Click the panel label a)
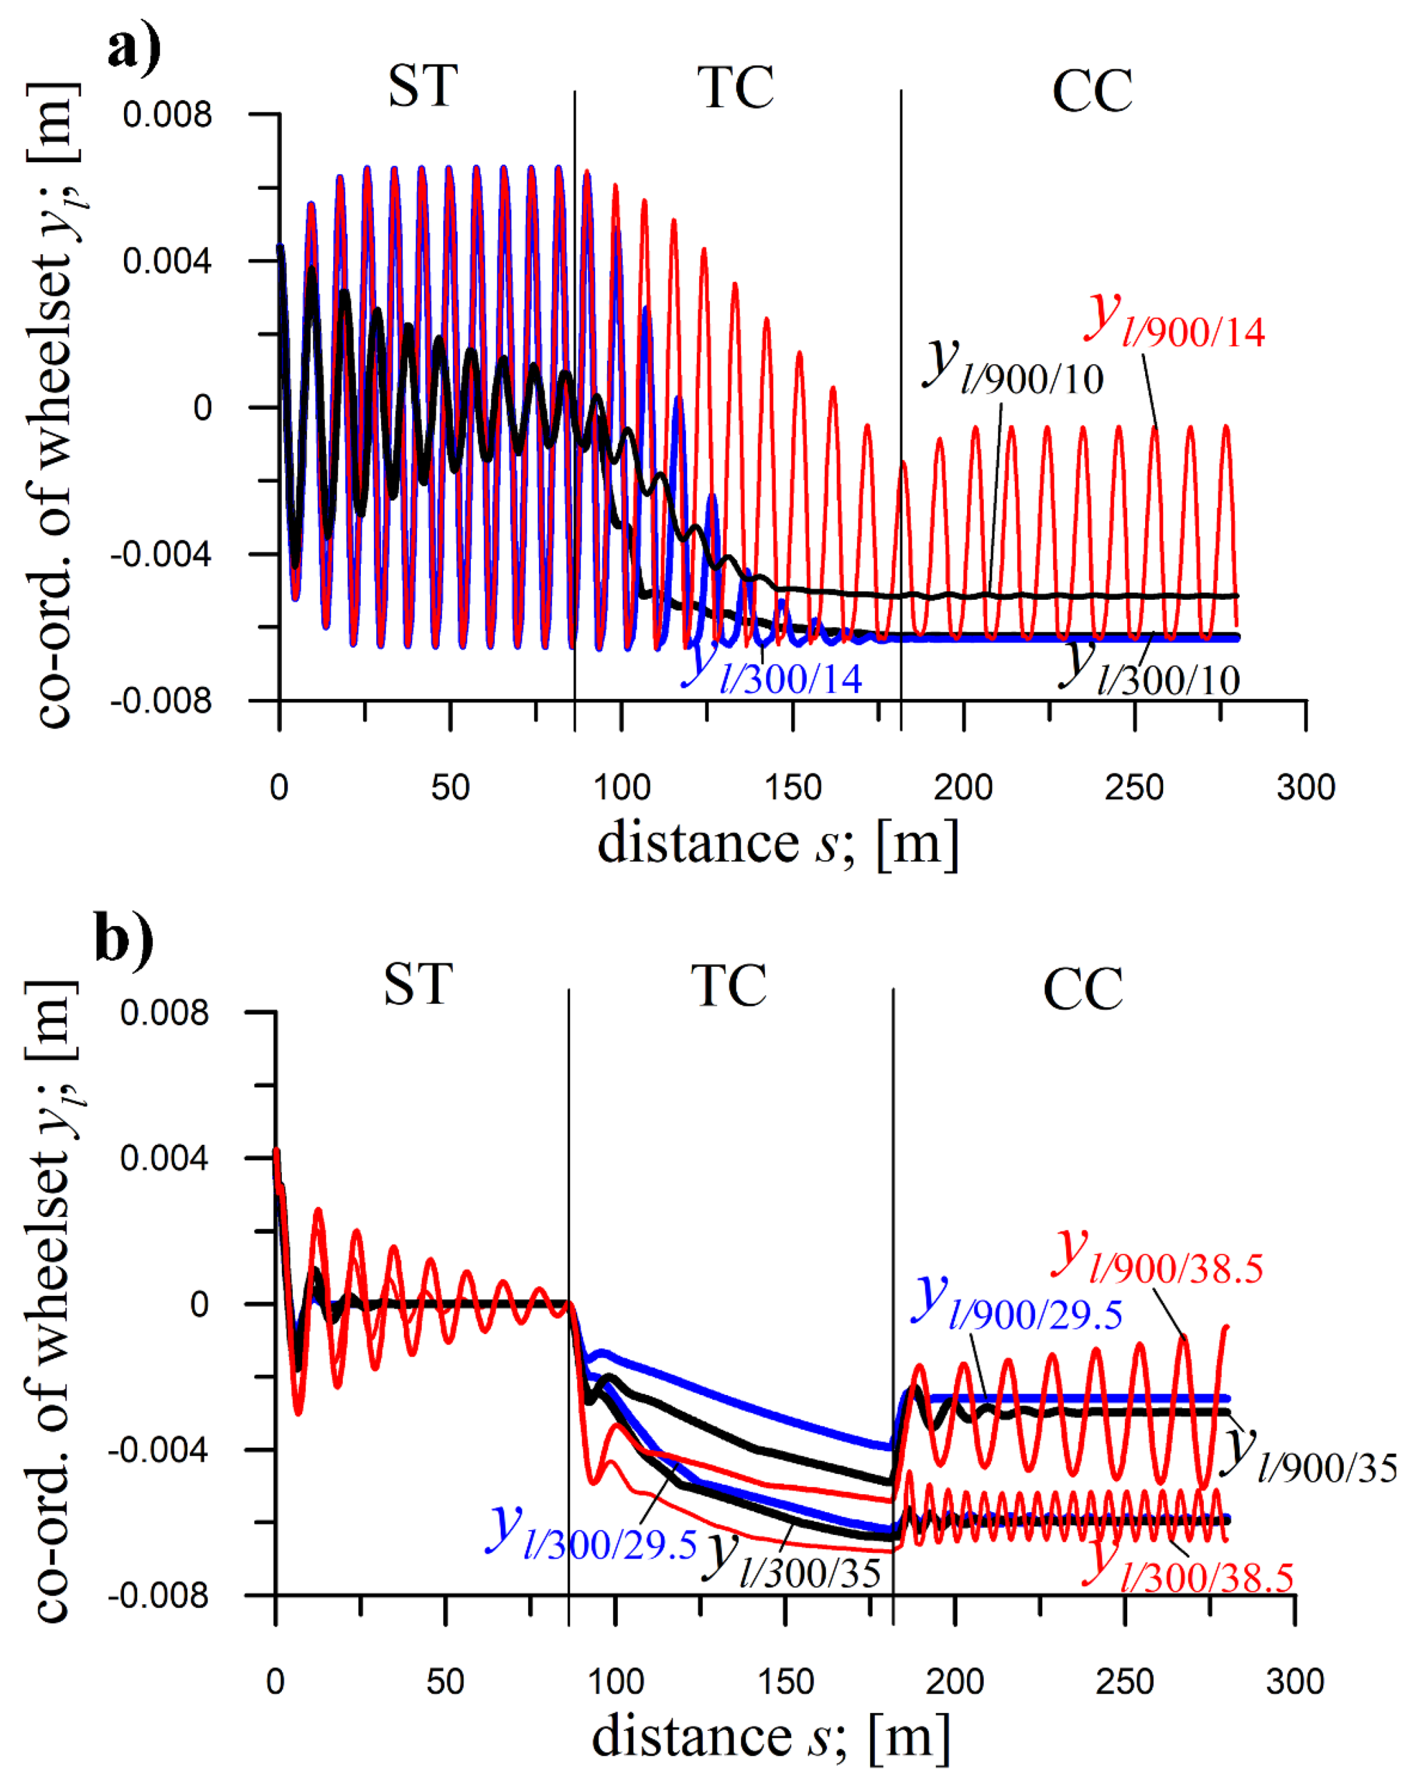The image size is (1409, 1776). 134,48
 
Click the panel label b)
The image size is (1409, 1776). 123,938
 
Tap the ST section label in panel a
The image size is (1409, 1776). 423,86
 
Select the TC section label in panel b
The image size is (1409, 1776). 728,986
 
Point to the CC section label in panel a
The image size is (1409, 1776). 1092,91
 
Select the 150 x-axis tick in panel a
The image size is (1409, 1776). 793,789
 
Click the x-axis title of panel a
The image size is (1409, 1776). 778,844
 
